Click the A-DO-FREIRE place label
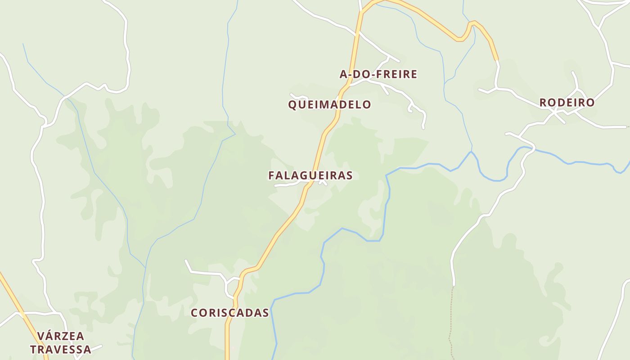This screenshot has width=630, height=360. point(378,74)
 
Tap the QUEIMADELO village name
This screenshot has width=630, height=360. point(329,105)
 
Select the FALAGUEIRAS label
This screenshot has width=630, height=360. point(310,175)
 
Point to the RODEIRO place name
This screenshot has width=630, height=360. point(567,103)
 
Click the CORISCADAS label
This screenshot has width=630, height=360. point(230,313)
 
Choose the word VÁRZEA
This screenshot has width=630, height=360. point(61,336)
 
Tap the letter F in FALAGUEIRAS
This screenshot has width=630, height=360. point(272,175)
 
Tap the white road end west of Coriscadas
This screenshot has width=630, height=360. point(186,261)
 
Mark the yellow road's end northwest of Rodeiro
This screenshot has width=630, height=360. point(497,58)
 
